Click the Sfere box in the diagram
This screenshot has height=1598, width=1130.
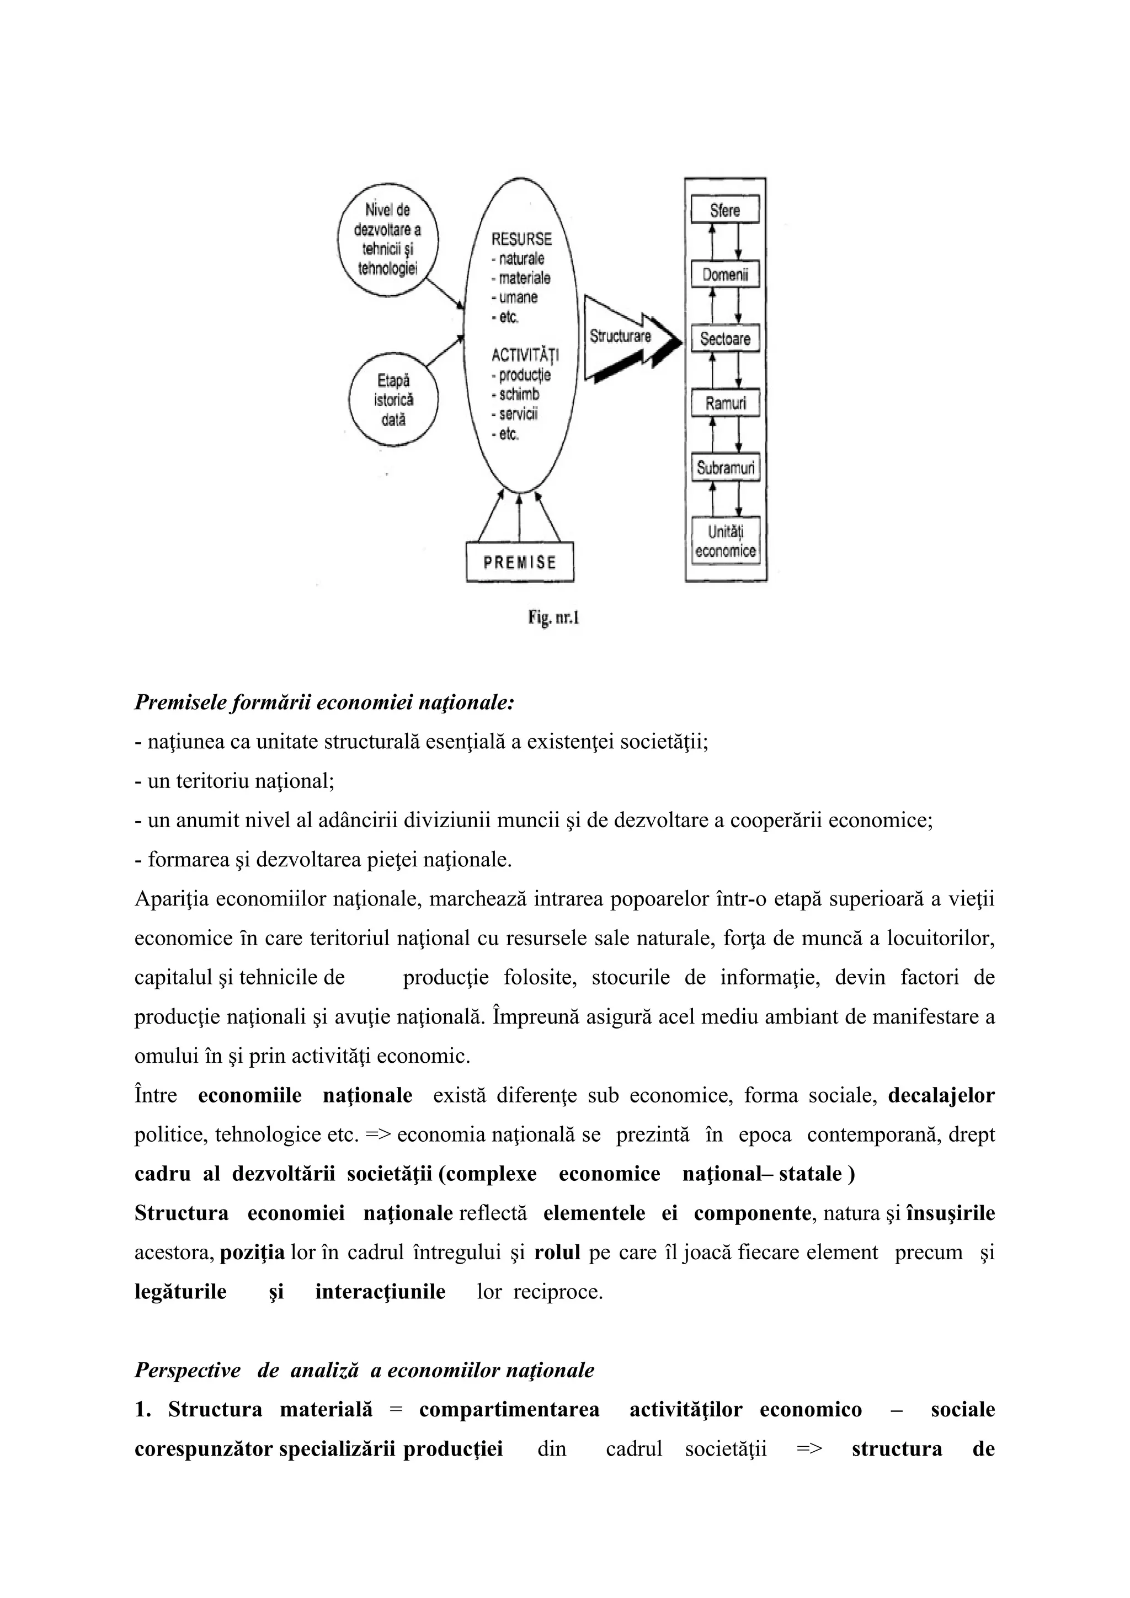(x=724, y=210)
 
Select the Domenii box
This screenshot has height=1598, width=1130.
(x=724, y=275)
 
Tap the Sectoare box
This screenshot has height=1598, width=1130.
(x=724, y=339)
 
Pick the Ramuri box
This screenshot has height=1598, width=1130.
(x=724, y=403)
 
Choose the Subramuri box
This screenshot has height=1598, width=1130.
(x=725, y=468)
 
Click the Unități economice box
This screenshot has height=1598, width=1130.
(x=725, y=541)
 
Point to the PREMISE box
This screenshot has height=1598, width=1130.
(x=520, y=562)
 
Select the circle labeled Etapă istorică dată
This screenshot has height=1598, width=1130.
(x=393, y=400)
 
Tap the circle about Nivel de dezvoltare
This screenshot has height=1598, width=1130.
(x=388, y=239)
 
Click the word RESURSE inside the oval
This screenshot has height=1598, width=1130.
(x=521, y=239)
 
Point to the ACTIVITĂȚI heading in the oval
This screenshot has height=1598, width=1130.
(x=525, y=355)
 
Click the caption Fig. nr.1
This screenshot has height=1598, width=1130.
(x=553, y=617)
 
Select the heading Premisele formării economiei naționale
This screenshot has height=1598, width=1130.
(x=323, y=703)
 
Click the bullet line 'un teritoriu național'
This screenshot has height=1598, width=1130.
(x=234, y=781)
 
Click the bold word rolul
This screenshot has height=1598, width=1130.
(x=557, y=1252)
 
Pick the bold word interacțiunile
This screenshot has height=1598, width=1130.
(x=380, y=1292)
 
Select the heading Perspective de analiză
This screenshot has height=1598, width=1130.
(x=364, y=1371)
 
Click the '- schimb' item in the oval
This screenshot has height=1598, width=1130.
(x=515, y=395)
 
